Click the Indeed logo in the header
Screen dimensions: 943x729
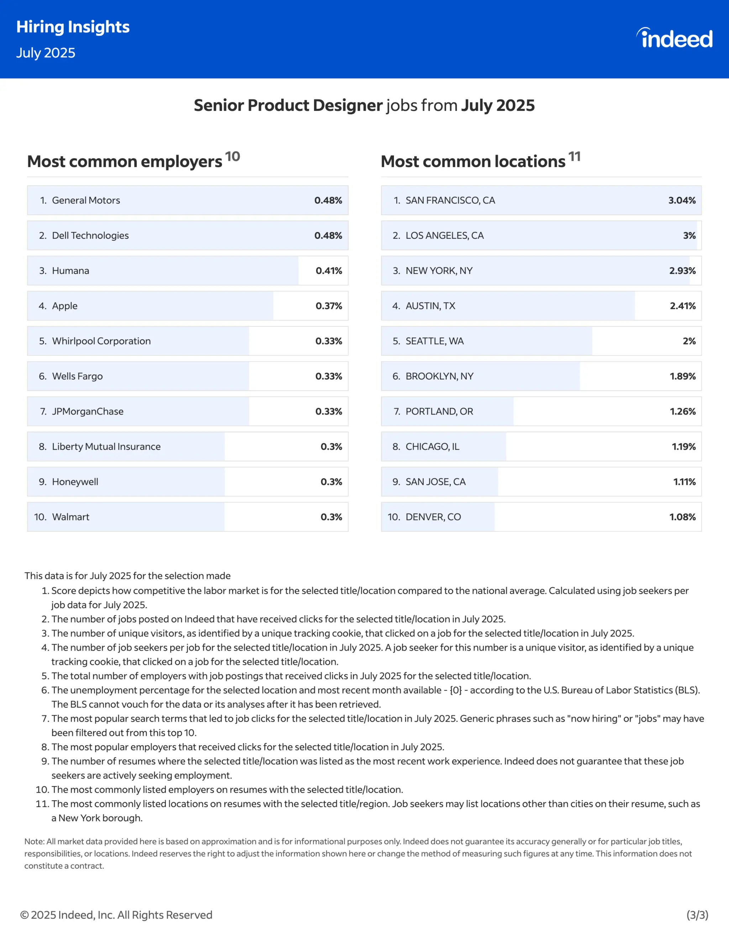pyautogui.click(x=675, y=38)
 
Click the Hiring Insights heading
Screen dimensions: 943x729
pyautogui.click(x=73, y=27)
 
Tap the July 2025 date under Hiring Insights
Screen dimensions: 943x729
pyautogui.click(x=46, y=53)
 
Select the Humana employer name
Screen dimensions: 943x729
pyautogui.click(x=70, y=271)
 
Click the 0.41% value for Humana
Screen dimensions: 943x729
pyautogui.click(x=329, y=271)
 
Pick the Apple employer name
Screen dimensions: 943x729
pyautogui.click(x=65, y=306)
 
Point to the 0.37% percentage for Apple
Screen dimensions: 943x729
pyautogui.click(x=329, y=306)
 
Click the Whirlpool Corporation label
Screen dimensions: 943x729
pyautogui.click(x=101, y=341)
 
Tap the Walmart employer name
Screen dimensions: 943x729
pyautogui.click(x=70, y=517)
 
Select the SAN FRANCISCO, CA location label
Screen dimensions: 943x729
pyautogui.click(x=450, y=200)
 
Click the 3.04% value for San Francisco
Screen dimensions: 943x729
pyautogui.click(x=682, y=200)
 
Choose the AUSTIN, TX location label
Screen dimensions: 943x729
pyautogui.click(x=430, y=306)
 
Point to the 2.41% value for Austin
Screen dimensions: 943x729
pyautogui.click(x=682, y=306)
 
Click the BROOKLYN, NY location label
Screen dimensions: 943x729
pyautogui.click(x=439, y=376)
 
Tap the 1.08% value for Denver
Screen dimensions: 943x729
pyautogui.click(x=682, y=517)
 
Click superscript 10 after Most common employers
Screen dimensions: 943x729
pyautogui.click(x=232, y=156)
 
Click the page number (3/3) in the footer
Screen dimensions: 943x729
pyautogui.click(x=697, y=915)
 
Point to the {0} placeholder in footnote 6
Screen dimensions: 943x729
pyautogui.click(x=455, y=690)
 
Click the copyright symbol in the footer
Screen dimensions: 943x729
pyautogui.click(x=25, y=915)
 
